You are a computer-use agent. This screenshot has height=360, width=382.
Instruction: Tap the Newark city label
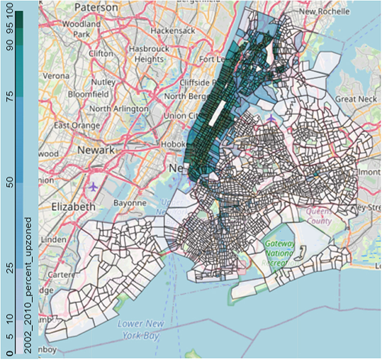click(96, 150)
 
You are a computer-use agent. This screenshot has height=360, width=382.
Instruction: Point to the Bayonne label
click(130, 203)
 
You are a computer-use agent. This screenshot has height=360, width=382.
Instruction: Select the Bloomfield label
click(89, 94)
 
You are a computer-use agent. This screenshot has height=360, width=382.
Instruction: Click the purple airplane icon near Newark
click(94, 187)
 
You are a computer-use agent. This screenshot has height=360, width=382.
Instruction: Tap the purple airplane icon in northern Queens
click(271, 119)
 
